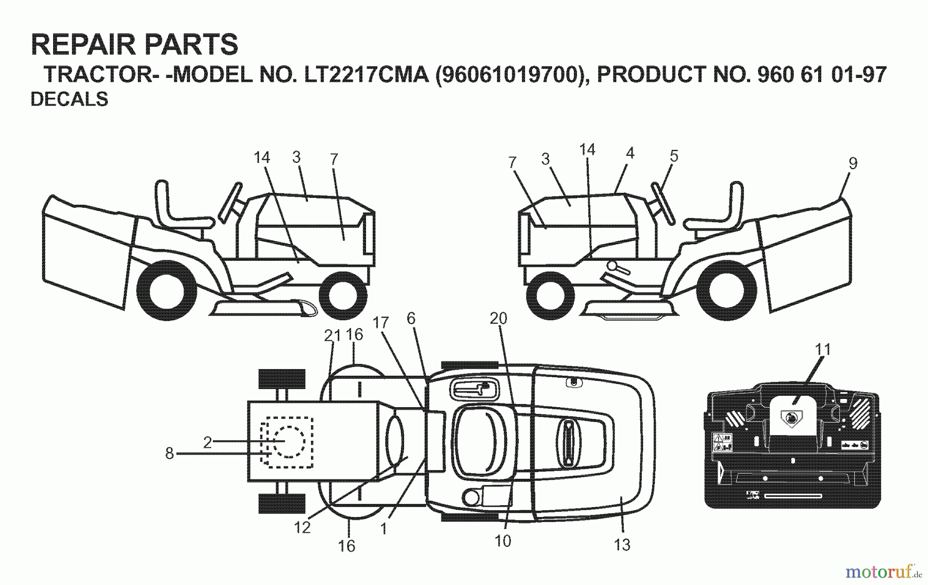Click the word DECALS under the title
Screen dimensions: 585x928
coord(70,99)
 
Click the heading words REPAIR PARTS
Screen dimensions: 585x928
coord(135,45)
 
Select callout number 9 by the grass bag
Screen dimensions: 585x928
coord(853,163)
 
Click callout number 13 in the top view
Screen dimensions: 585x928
coord(622,544)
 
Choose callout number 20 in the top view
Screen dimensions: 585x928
coord(499,319)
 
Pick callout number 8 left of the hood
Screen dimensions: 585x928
coord(170,454)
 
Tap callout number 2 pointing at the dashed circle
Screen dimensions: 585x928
coord(207,442)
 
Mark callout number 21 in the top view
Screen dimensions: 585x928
coord(333,336)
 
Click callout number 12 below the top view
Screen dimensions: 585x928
coord(303,527)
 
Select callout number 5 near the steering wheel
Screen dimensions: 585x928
coord(674,156)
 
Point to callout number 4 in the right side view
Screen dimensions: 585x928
coord(629,153)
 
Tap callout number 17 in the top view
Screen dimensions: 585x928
coord(380,323)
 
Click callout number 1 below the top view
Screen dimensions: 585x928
coord(384,529)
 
